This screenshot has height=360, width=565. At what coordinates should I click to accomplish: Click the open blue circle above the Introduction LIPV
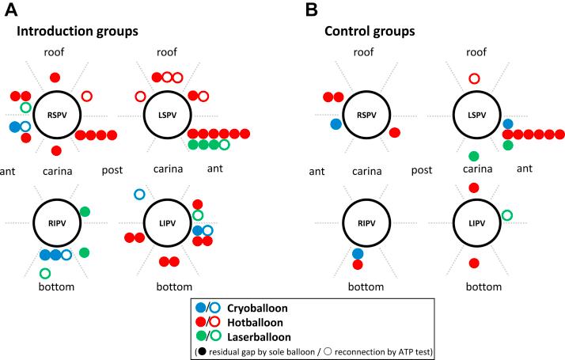click(x=140, y=194)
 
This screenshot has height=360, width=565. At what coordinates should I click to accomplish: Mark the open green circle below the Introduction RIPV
click(x=45, y=273)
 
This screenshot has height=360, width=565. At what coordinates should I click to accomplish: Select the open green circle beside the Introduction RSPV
click(x=25, y=108)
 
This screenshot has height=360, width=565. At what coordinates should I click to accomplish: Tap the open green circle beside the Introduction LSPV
click(x=225, y=145)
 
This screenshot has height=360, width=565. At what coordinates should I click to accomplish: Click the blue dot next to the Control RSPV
click(x=336, y=124)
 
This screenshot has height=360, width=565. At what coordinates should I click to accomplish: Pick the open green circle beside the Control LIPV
click(x=507, y=214)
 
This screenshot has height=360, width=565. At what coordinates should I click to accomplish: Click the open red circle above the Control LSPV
click(x=474, y=78)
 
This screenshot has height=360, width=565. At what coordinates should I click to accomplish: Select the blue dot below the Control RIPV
click(x=358, y=253)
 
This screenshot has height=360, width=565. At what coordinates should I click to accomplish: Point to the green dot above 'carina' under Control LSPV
click(x=474, y=156)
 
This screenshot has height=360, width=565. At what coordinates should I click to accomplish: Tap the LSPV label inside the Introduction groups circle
click(x=165, y=114)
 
